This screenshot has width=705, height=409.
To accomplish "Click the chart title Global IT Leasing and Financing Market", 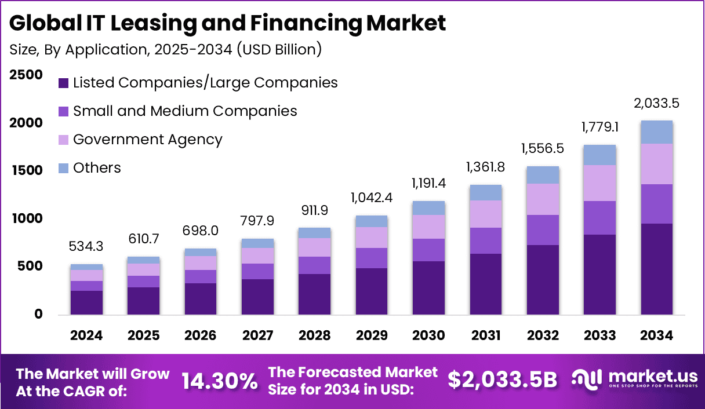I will (228, 23).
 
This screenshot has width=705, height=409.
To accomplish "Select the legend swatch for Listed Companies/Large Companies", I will (64, 83).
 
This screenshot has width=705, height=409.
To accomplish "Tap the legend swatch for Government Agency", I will (64, 140).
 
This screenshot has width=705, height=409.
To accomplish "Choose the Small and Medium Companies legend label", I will (185, 111).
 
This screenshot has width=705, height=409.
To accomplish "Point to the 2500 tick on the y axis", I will (26, 75).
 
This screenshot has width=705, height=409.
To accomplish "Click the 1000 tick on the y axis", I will (26, 218).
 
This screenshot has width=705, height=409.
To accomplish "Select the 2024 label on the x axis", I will (86, 336).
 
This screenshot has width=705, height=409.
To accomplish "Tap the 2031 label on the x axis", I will (485, 336).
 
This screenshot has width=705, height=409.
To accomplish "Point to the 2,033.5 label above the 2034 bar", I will (656, 104).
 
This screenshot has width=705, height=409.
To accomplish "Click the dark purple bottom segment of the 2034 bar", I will (656, 269).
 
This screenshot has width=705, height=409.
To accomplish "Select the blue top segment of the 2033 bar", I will (599, 155).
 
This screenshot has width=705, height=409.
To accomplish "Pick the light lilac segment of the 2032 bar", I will (543, 199).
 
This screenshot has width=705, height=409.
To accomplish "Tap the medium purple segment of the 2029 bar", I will (372, 258).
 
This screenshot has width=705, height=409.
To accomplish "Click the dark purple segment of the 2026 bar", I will (201, 299).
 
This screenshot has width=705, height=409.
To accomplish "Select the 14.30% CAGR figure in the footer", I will (220, 381).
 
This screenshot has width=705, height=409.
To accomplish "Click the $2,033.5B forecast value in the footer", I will (502, 379).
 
